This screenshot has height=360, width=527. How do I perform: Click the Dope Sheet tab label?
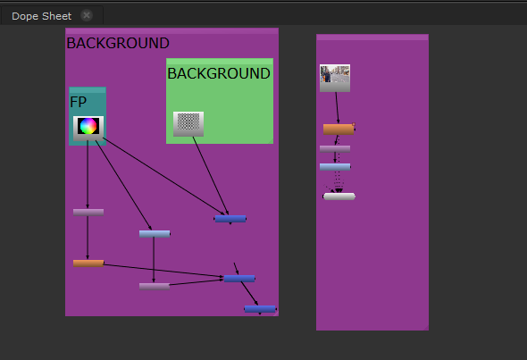tap(42, 16)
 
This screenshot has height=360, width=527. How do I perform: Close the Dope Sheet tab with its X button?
tap(87, 15)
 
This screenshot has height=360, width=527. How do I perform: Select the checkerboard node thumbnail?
tap(188, 123)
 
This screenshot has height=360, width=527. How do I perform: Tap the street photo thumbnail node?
tap(335, 78)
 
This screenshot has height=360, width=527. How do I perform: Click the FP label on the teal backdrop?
tap(78, 102)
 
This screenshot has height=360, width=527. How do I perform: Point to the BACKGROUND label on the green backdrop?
tap(219, 73)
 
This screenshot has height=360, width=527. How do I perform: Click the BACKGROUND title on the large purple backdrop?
tap(118, 43)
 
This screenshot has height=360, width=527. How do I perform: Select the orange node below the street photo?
tap(339, 130)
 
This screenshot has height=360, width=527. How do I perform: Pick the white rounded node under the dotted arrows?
tap(339, 197)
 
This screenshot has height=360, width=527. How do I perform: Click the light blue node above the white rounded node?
tap(335, 167)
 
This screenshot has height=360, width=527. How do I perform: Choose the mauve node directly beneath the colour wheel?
tap(88, 212)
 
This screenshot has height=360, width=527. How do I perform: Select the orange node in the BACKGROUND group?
tap(88, 264)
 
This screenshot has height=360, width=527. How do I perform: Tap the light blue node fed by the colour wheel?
tap(155, 234)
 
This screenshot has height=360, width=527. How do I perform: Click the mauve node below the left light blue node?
tap(155, 287)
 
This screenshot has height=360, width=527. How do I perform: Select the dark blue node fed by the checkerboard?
tap(230, 219)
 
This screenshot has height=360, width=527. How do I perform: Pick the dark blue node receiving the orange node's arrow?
tap(239, 279)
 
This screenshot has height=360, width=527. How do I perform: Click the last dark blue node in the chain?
tap(260, 309)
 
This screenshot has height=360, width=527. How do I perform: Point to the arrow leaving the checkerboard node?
tap(211, 175)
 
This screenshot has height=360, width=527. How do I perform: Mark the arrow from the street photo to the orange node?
tap(337, 107)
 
